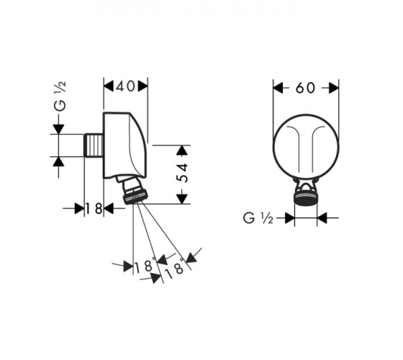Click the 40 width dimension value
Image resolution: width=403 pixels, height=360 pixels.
pos(125,86)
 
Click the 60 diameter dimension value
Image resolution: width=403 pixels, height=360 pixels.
pos(305,88)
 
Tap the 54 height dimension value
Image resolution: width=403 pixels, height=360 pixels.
pos(183,173)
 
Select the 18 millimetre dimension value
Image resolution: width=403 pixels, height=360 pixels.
pos(94,208)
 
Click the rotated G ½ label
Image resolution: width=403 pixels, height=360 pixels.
pos(60,96)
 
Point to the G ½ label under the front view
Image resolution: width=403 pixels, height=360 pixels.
pos(258,219)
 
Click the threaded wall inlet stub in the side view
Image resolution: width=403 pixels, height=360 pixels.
pos(94,145)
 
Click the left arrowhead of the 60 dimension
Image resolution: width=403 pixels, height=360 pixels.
pos(278,88)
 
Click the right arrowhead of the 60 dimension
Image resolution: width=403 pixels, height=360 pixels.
pos(334,88)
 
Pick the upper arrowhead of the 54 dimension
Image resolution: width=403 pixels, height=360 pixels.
pos(182,150)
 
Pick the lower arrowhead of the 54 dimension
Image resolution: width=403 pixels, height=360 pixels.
pos(182,199)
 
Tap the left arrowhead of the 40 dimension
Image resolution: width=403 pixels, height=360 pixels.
pos(109,86)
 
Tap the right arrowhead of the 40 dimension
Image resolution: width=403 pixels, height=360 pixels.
pos(143,86)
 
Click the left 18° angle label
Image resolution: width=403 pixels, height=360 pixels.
pos(145,266)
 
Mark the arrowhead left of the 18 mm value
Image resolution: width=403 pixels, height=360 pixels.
pos(79,208)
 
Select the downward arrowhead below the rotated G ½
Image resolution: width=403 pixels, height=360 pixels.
pos(58,129)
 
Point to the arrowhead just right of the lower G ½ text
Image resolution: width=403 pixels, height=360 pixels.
pos(290,218)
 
